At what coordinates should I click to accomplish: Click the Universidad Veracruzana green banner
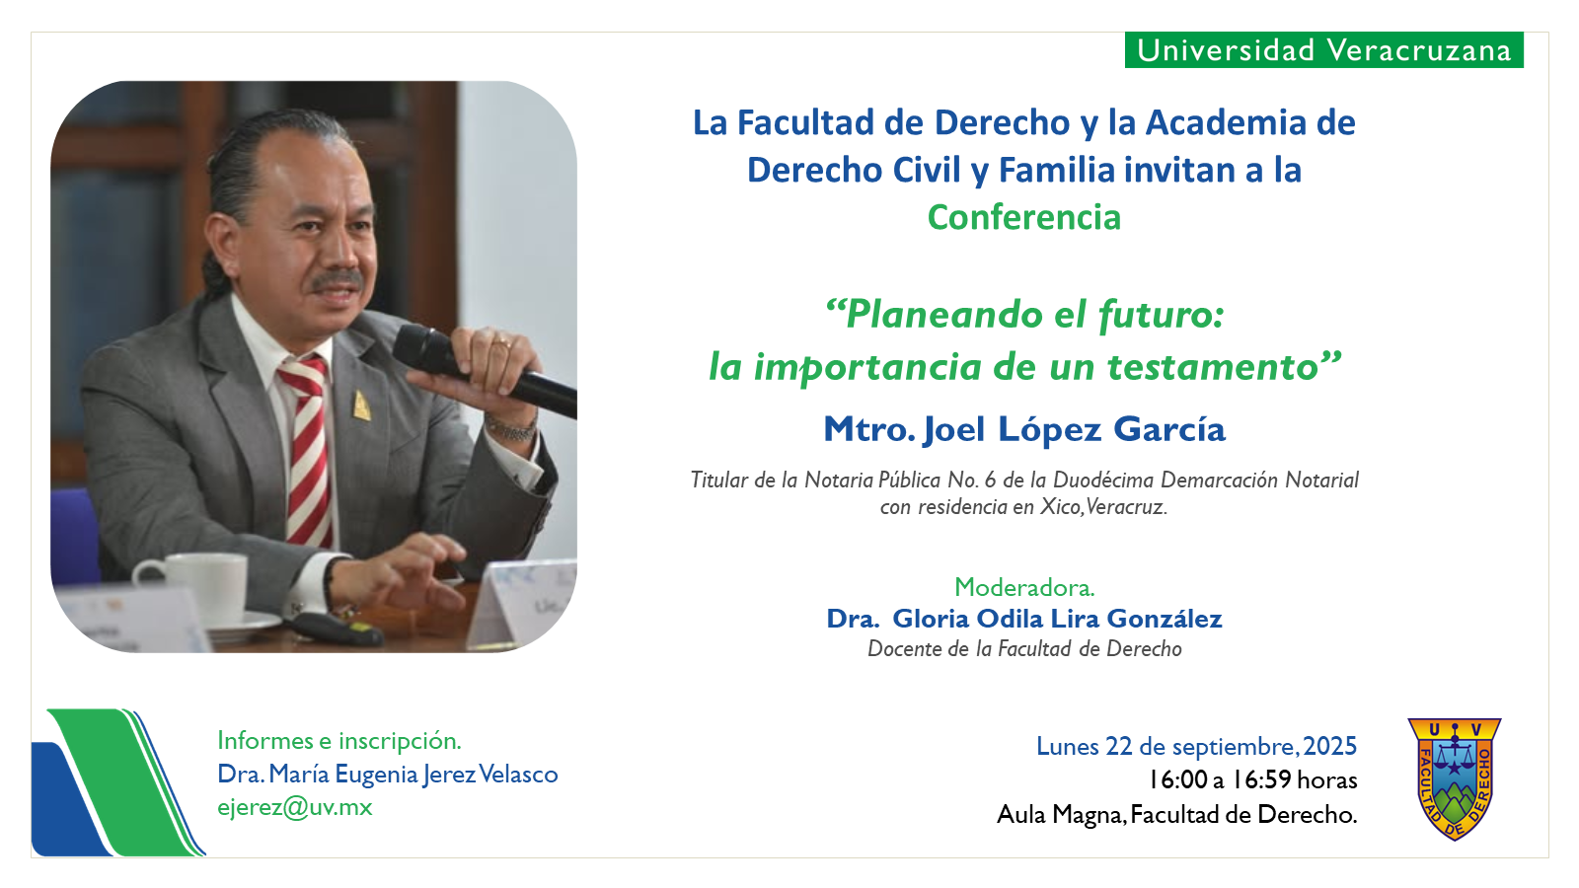click(x=1323, y=50)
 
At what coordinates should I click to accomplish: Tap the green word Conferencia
click(x=1023, y=217)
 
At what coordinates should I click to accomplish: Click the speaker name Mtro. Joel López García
click(x=1024, y=429)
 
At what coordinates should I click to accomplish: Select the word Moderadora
click(x=1024, y=587)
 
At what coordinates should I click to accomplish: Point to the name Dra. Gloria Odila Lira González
click(x=1024, y=618)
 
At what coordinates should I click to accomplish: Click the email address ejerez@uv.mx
click(x=295, y=808)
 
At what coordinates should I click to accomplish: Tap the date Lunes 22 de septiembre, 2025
click(x=1196, y=746)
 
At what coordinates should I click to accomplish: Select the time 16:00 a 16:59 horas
click(x=1252, y=779)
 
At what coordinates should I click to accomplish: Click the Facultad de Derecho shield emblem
click(x=1455, y=778)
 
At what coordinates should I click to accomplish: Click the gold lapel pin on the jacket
click(x=361, y=406)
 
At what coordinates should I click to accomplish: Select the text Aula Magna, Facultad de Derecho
click(x=1176, y=815)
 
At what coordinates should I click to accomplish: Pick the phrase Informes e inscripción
click(x=339, y=741)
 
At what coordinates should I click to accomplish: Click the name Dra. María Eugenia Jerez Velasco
click(x=388, y=774)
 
